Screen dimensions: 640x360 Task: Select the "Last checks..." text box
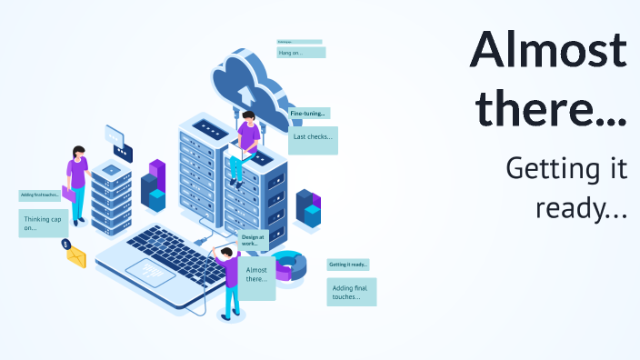[313, 139]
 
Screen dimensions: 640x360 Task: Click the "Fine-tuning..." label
[309, 114]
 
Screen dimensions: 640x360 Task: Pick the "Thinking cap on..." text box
[43, 223]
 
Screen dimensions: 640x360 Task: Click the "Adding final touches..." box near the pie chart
[351, 291]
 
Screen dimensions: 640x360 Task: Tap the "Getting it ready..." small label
[348, 265]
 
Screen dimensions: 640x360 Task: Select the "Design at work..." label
[252, 240]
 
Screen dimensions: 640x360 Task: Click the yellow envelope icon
[75, 258]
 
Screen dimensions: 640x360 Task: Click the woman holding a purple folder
[77, 182]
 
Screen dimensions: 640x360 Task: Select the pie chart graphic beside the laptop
[289, 265]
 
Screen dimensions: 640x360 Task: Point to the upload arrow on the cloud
[245, 94]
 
